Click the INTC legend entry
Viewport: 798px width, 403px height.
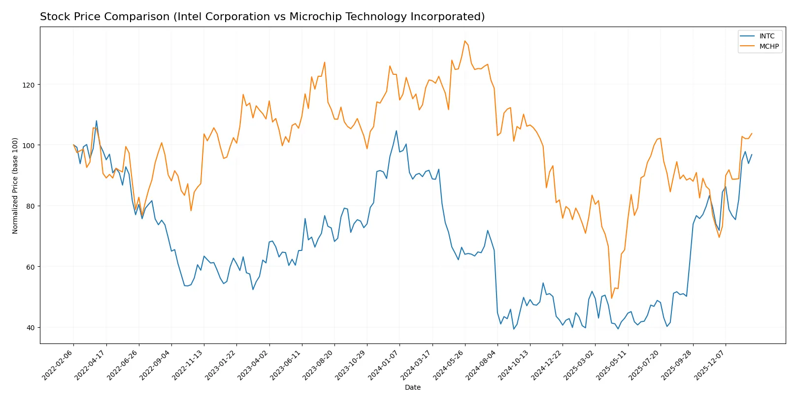click(766, 36)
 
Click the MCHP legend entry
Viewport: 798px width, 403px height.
click(768, 47)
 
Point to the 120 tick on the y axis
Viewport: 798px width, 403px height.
click(29, 85)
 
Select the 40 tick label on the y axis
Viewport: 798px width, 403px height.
click(31, 328)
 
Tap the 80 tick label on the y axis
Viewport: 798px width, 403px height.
click(31, 206)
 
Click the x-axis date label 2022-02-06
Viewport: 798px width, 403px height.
click(58, 365)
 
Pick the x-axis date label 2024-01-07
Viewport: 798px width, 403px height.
click(384, 365)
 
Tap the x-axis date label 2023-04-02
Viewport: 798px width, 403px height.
click(253, 365)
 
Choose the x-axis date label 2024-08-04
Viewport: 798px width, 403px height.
click(481, 365)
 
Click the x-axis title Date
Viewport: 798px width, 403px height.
click(412, 388)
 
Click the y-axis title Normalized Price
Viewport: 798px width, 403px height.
click(15, 186)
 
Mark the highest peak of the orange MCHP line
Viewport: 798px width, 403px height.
click(465, 41)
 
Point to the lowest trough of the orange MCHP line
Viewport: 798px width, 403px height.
click(611, 298)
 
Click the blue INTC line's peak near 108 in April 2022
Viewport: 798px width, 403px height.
click(97, 121)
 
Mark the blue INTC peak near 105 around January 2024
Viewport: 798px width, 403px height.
click(396, 131)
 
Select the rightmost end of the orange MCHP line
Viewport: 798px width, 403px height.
click(752, 133)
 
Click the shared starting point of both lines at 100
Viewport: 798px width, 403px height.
click(73, 145)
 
